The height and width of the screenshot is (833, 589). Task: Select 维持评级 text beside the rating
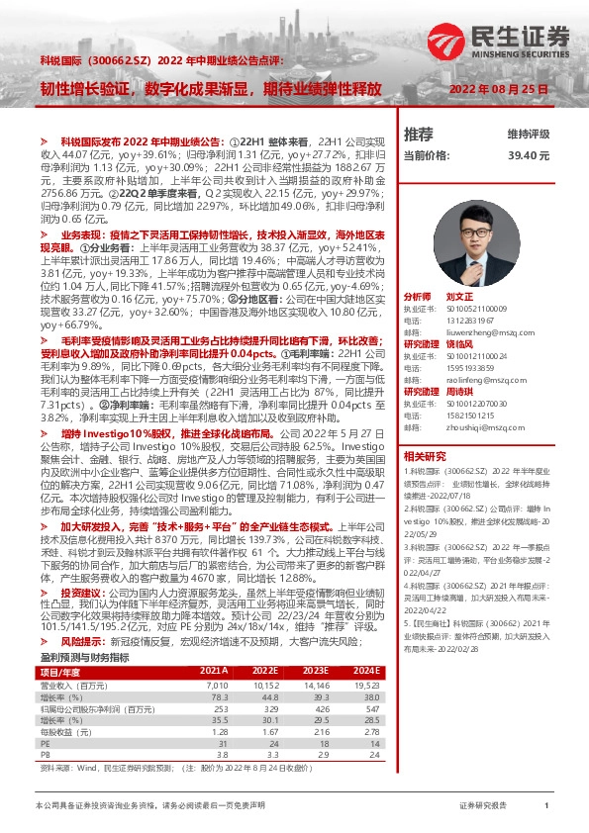point(528,134)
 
